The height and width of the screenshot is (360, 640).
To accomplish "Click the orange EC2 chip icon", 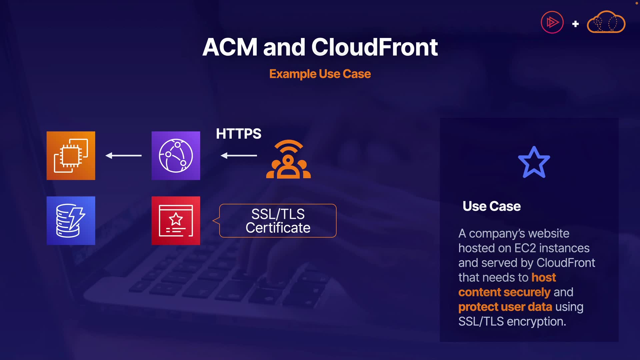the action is tap(71, 156).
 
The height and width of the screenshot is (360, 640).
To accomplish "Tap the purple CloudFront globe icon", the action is tap(176, 156).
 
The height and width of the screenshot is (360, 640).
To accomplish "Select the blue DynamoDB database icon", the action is tap(71, 221).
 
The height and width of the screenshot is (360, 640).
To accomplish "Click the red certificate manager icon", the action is tap(176, 221).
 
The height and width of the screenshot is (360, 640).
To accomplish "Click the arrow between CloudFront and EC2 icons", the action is tap(123, 155).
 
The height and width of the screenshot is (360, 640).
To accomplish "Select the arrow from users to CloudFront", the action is tap(239, 155).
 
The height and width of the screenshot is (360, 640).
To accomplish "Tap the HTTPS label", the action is tap(238, 134).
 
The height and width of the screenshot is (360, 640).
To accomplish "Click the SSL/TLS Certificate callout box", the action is tap(278, 221).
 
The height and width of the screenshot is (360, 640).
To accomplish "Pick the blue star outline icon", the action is tap(534, 163).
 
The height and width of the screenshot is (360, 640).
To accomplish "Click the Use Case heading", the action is tap(491, 206).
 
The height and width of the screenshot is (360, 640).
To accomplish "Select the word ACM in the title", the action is tap(230, 47).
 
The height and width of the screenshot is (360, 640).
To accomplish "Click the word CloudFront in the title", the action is tap(374, 47).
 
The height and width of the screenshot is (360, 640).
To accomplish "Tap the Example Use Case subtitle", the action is tap(320, 74).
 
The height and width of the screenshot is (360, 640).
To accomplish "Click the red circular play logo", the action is tap(552, 22).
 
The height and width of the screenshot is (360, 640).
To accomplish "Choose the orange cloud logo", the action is tap(606, 22).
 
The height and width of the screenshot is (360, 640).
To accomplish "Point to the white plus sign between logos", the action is tap(575, 24).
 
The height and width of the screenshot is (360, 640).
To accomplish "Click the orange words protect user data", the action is tap(505, 307).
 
